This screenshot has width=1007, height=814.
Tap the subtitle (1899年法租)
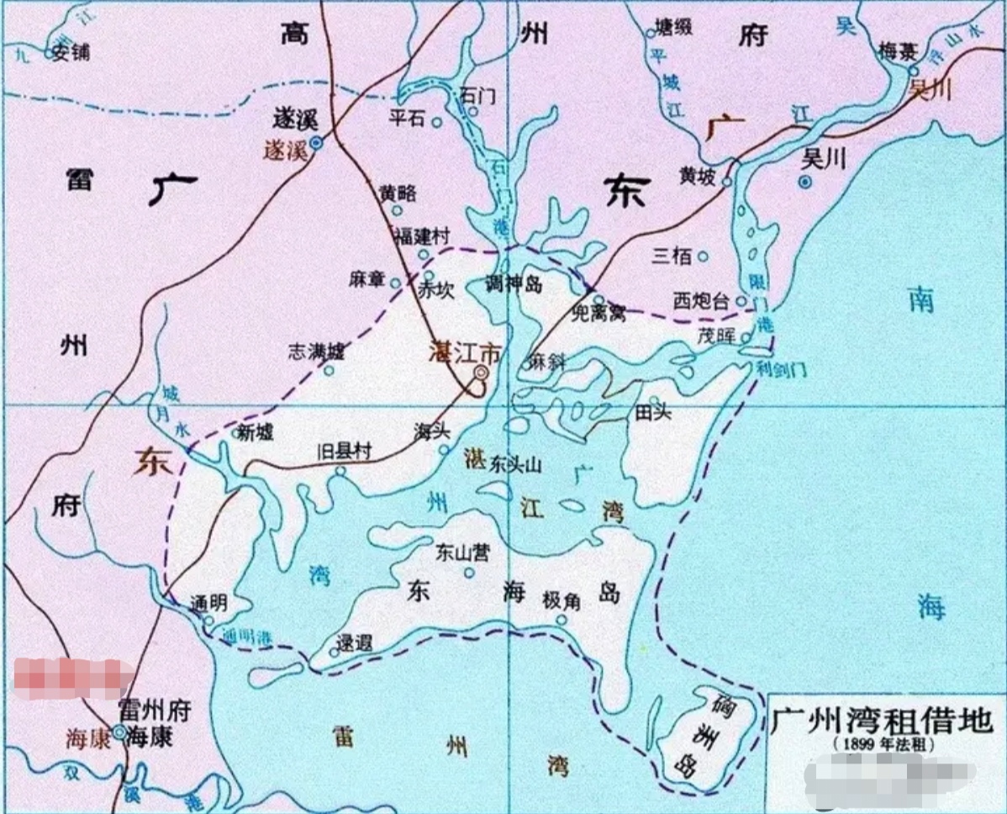point(883,745)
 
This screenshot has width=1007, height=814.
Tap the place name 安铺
point(70,52)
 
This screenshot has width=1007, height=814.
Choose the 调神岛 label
point(514,283)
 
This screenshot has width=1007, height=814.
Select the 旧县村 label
point(345,451)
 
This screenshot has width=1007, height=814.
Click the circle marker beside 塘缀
point(650,34)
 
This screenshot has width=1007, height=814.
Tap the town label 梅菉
point(897,52)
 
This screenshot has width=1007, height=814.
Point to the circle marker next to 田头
point(654,399)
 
